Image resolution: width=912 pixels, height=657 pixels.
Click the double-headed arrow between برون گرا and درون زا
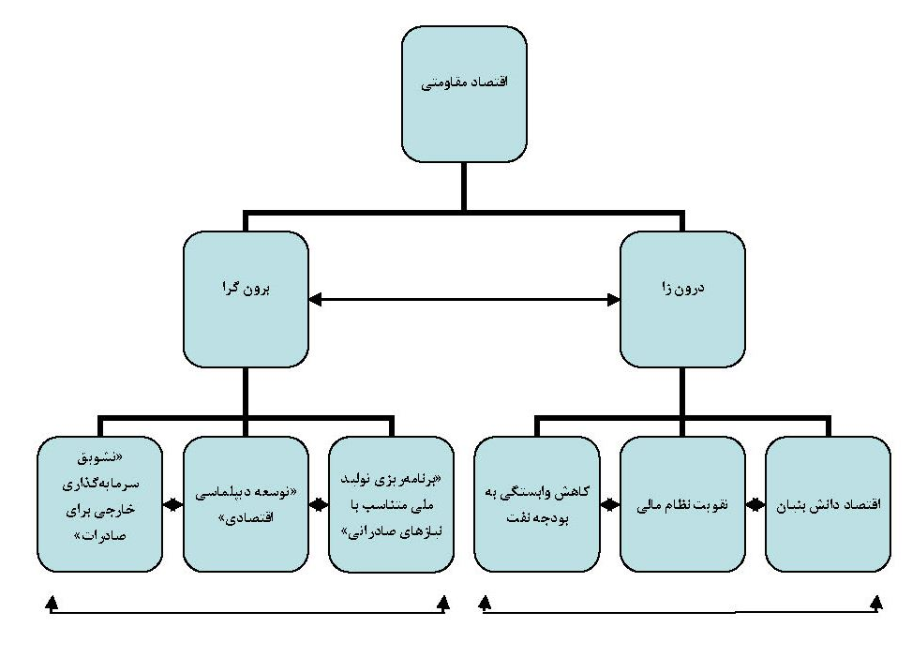[x=464, y=300]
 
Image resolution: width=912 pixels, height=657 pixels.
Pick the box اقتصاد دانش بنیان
[x=829, y=505]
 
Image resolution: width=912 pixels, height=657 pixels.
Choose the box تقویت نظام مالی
[x=682, y=505]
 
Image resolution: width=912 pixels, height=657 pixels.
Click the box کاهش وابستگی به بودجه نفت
[x=536, y=505]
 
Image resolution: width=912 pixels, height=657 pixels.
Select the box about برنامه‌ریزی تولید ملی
[x=392, y=505]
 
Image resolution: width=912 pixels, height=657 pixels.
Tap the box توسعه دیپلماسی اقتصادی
[x=246, y=505]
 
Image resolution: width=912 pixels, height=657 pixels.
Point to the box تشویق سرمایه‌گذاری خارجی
[x=100, y=505]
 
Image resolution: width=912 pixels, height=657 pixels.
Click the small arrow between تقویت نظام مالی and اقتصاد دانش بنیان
[x=755, y=505]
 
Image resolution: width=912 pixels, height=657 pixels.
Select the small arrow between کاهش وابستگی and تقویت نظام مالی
[x=610, y=505]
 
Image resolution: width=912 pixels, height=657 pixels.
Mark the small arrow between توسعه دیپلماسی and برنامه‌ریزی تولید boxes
[x=319, y=505]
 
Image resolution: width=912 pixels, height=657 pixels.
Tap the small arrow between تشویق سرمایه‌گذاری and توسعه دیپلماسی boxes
[x=172, y=505]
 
